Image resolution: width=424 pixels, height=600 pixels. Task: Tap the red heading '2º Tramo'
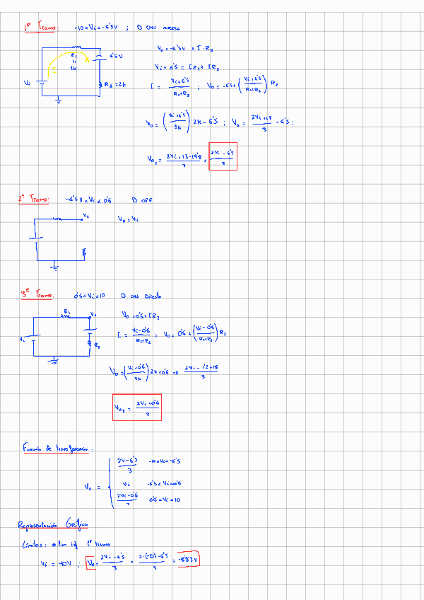pos(33,200)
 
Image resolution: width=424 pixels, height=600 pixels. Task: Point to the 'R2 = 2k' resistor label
pos(113,85)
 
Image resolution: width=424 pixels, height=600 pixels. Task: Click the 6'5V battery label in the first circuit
pos(116,55)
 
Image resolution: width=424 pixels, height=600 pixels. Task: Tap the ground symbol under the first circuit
pos(59,101)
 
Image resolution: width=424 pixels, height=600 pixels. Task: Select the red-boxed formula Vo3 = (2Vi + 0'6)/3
pos(137,407)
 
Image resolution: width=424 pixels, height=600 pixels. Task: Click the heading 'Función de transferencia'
pos(56,448)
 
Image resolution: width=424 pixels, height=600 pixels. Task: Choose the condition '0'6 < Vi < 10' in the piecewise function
pos(166,499)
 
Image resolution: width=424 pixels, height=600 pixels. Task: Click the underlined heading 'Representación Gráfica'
pos(53,525)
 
